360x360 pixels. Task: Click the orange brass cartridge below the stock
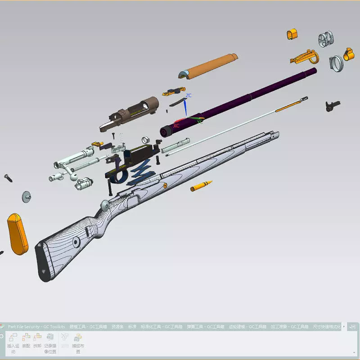201,186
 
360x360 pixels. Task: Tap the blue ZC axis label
189,95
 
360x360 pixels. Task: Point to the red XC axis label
176,126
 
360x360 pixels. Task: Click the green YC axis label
200,121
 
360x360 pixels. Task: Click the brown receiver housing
130,112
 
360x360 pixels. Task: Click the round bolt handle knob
104,205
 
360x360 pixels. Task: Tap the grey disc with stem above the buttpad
27,196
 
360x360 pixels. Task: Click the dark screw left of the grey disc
8,178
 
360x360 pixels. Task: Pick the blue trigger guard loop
118,176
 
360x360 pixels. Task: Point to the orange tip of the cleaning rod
288,107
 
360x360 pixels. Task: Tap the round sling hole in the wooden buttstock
76,242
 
